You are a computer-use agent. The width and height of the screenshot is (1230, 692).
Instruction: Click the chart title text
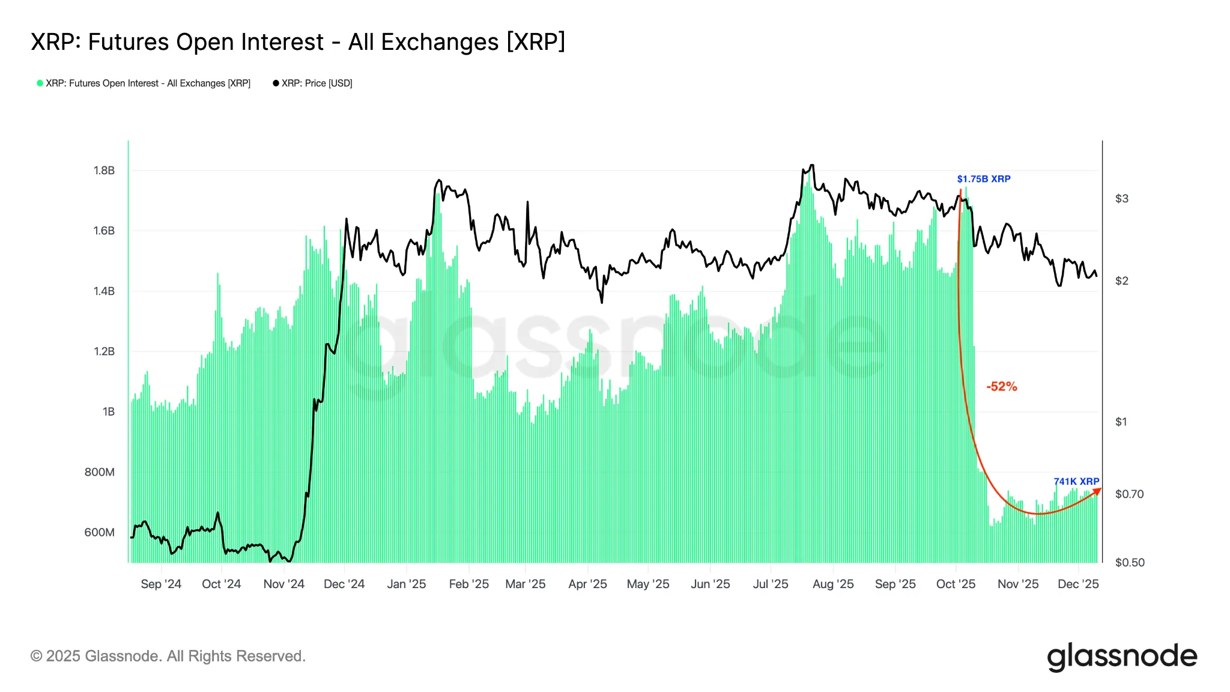(x=298, y=42)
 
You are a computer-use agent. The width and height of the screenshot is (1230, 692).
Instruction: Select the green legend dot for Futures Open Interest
(x=40, y=83)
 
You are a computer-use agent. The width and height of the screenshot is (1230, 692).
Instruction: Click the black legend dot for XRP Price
(x=276, y=83)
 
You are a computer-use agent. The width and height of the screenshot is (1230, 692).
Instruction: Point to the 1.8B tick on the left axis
(x=104, y=171)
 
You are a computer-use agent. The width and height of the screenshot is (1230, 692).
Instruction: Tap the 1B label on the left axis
(x=109, y=411)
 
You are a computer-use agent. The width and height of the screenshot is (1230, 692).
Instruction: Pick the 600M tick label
(x=100, y=532)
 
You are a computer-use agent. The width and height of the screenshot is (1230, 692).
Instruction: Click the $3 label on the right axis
(x=1121, y=199)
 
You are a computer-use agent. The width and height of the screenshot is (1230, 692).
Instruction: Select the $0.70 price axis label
(x=1129, y=494)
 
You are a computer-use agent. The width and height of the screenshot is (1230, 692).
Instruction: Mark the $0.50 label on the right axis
(x=1130, y=562)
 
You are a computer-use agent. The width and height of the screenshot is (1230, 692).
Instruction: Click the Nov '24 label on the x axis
(x=283, y=584)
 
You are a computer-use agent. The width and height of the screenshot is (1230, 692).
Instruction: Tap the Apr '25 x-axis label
(x=587, y=584)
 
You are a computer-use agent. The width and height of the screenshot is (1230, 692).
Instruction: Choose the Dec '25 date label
(x=1078, y=584)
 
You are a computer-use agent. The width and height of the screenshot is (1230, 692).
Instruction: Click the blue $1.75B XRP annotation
(x=983, y=179)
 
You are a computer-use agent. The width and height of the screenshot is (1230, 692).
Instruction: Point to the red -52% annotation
(x=1001, y=386)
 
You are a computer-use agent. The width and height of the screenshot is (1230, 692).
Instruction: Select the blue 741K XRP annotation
(x=1076, y=481)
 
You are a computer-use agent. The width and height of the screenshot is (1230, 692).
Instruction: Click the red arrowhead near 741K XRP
(x=1097, y=491)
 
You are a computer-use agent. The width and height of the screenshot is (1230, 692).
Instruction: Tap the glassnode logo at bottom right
(x=1122, y=656)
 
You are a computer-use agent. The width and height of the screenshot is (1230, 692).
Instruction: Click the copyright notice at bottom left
(x=168, y=656)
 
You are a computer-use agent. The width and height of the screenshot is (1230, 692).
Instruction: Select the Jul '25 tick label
(x=771, y=584)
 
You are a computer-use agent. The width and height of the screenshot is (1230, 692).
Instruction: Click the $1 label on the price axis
(x=1121, y=422)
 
